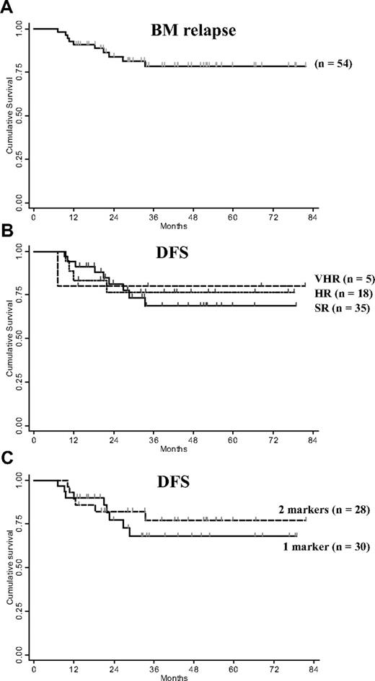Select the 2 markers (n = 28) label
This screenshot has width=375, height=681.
coord(325,510)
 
